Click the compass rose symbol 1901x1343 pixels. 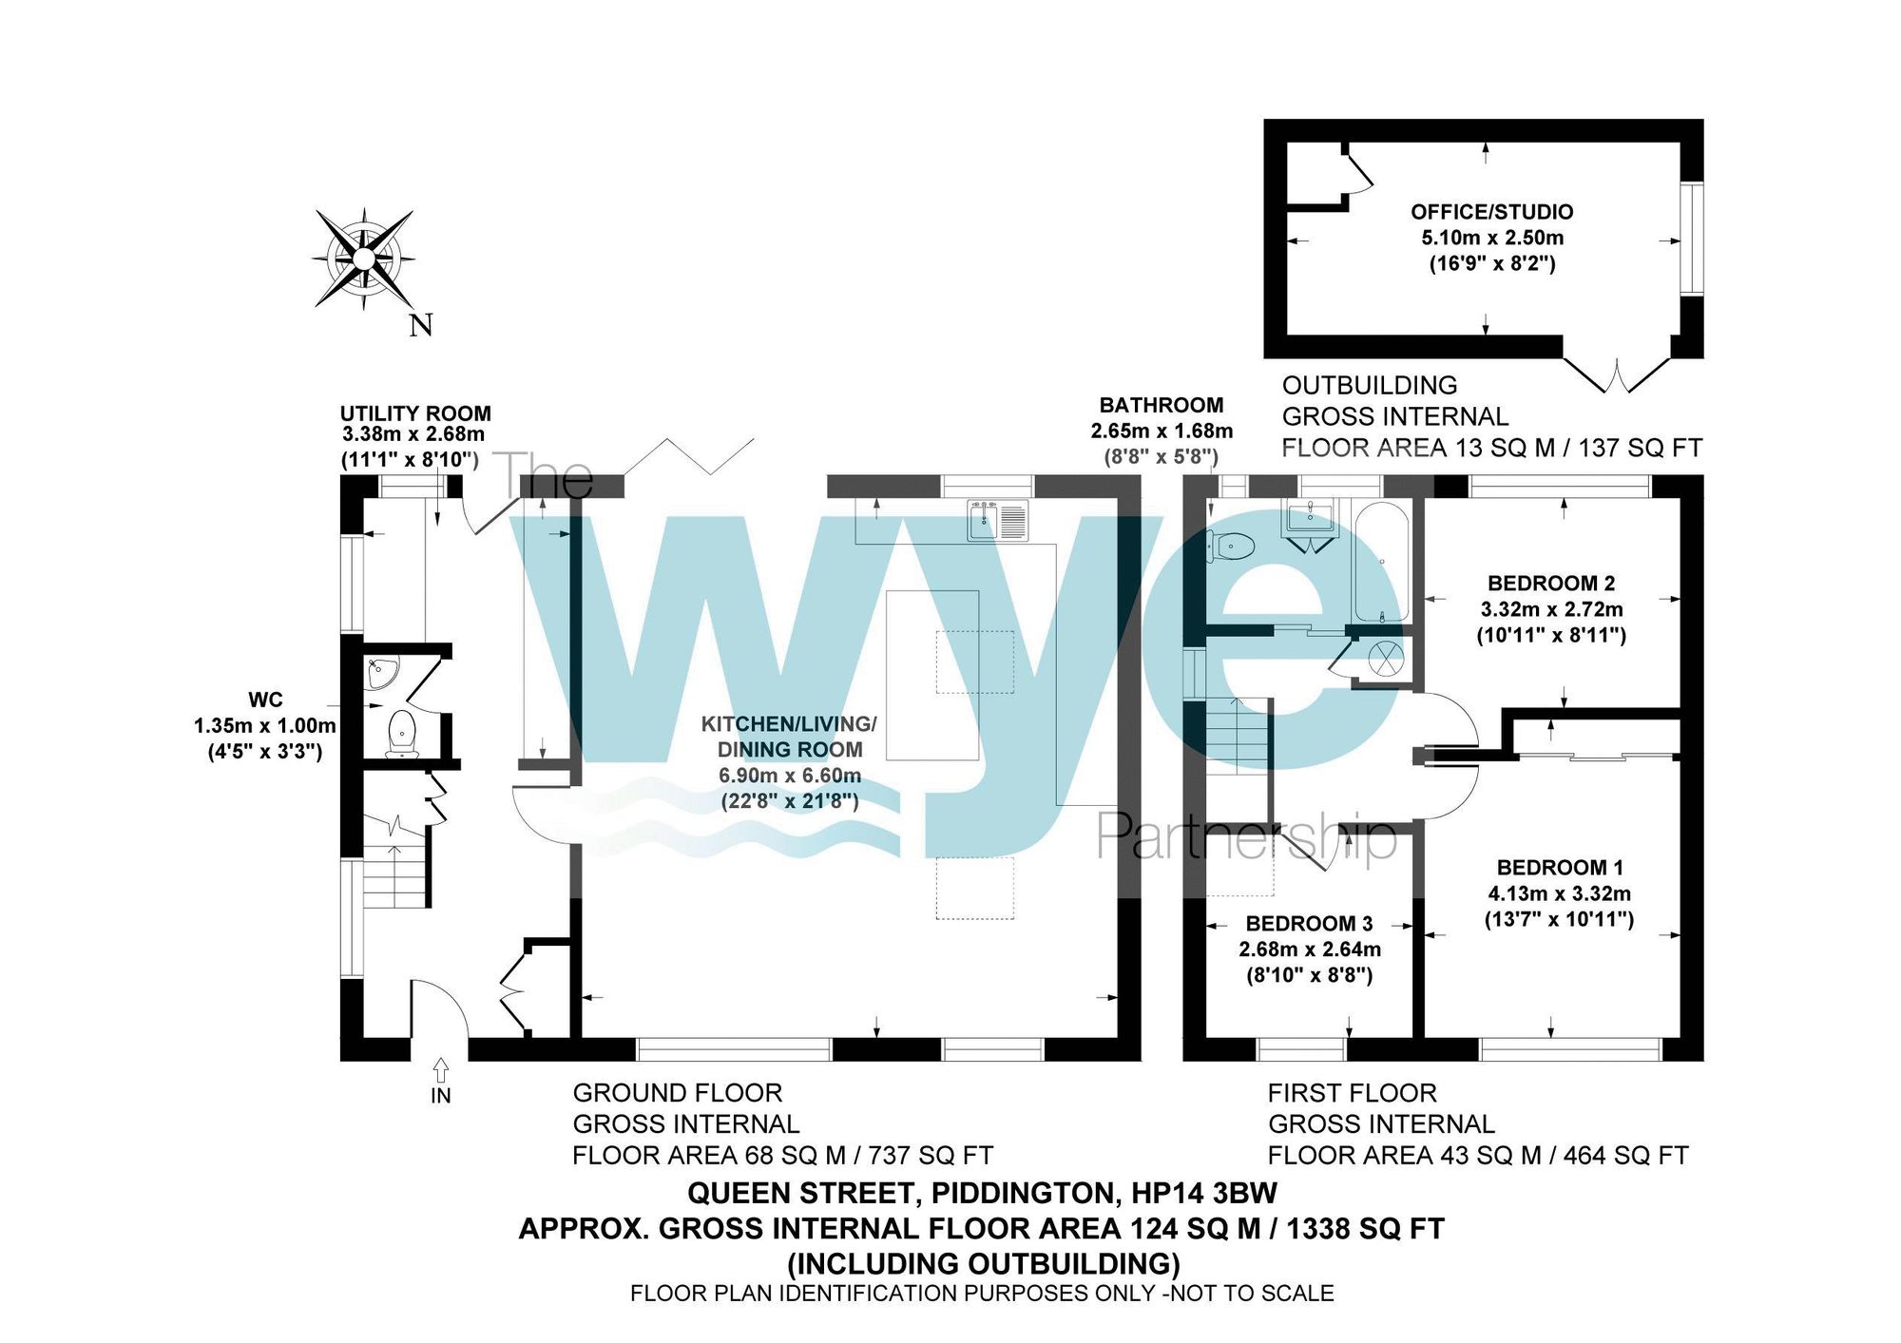pos(363,258)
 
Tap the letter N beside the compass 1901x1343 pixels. pos(421,325)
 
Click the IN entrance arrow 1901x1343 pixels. pos(441,1072)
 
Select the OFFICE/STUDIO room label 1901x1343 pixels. pos(1491,212)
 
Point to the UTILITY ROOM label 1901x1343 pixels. pos(415,413)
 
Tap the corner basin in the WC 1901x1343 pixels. pos(382,673)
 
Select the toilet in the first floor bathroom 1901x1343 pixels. pos(1232,547)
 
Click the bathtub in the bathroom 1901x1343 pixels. pos(1380,561)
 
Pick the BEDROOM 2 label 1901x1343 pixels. pos(1551,584)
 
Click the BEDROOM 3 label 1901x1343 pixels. pos(1309,924)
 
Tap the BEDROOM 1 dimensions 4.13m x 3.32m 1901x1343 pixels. pos(1559,893)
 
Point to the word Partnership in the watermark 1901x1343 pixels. pos(1246,838)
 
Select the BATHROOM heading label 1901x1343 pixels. pos(1162,406)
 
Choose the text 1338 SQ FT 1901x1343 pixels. pos(1365,1229)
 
